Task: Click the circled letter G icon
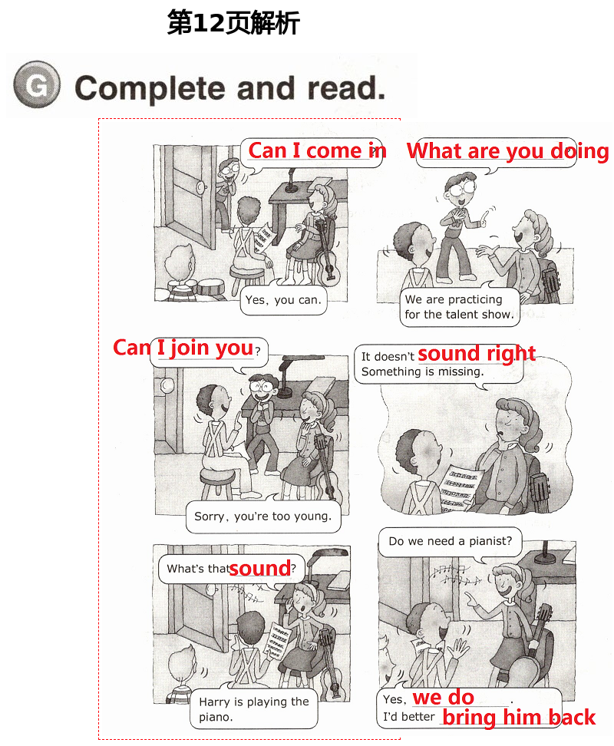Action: (x=37, y=84)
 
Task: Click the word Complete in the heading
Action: (x=150, y=88)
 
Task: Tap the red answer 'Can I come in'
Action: (x=317, y=151)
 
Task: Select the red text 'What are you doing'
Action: (x=507, y=151)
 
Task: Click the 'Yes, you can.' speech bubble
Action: (x=283, y=300)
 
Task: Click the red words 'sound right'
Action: (x=477, y=353)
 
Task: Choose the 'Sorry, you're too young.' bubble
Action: (x=263, y=517)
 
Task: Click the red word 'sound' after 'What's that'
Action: (x=259, y=568)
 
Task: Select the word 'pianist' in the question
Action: (x=488, y=541)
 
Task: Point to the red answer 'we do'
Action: (x=444, y=698)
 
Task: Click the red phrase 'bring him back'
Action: (x=519, y=717)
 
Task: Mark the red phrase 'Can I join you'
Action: (x=183, y=348)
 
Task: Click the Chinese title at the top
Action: (x=233, y=23)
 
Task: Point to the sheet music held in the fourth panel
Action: (x=459, y=489)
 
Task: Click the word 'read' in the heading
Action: (x=346, y=88)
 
